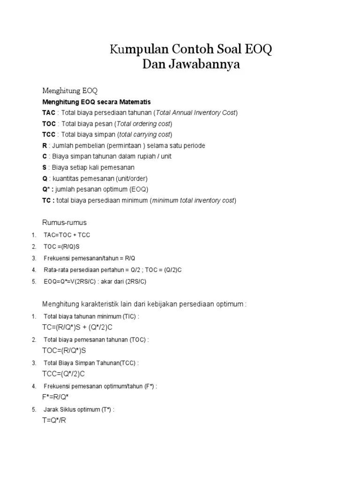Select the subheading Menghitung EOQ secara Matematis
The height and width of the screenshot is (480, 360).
(97, 102)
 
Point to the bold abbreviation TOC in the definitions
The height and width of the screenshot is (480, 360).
(49, 124)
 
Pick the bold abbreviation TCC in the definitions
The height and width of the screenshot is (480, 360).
(49, 135)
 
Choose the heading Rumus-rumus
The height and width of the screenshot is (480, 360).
(65, 223)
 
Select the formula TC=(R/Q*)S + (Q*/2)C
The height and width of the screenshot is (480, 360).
(77, 327)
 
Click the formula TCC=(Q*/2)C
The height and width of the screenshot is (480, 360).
(64, 374)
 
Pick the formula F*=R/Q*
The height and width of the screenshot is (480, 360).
(55, 397)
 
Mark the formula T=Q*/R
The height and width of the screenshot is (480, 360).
(54, 420)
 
